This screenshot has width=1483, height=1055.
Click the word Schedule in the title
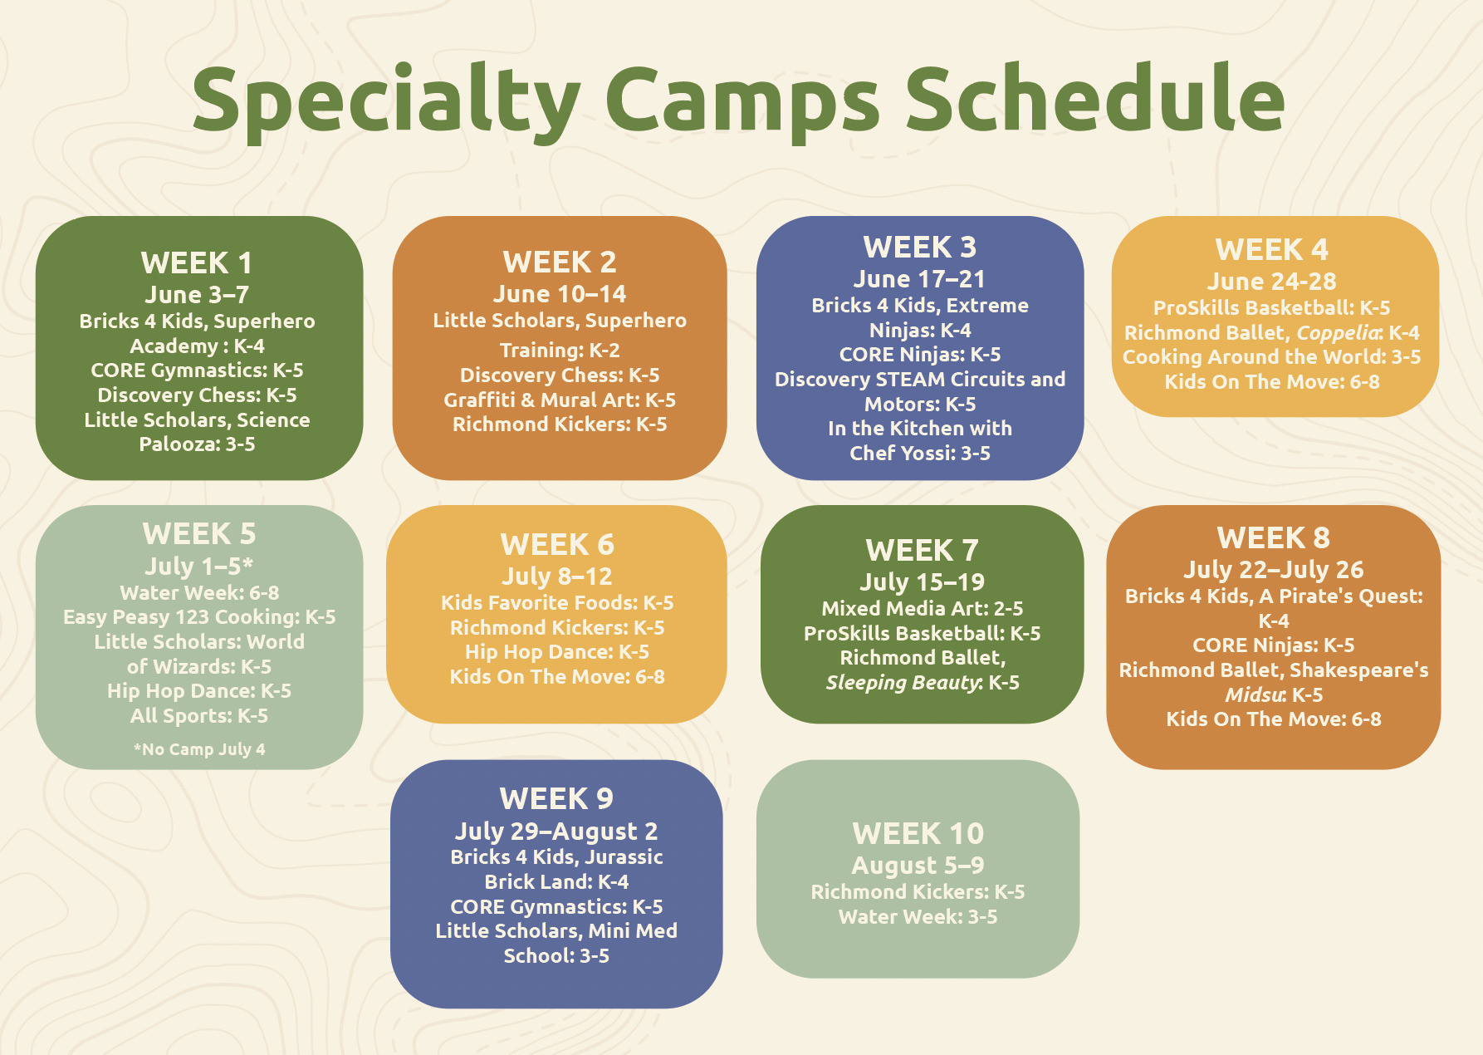coord(1094,100)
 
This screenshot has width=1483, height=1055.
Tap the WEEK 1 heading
coord(197,263)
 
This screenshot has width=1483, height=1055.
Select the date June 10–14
coord(560,294)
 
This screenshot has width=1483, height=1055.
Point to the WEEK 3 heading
coord(920,248)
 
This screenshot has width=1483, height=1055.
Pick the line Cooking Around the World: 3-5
coord(1271,357)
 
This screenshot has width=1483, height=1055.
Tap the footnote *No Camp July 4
coord(199,749)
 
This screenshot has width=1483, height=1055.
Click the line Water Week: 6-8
coord(199,593)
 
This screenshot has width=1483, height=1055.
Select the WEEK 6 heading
coord(557,545)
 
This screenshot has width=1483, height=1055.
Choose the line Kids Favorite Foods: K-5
coord(557,603)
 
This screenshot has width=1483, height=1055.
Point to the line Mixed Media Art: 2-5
coord(922,609)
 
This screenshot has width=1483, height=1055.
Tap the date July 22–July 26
coord(1273,570)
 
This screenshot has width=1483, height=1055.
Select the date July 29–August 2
coord(556,832)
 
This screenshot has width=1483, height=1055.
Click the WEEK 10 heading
coord(918,834)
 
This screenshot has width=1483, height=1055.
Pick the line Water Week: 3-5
coord(918,917)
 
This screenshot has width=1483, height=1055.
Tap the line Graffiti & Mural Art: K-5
coord(560,400)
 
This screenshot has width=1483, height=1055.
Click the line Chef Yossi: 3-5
coord(920,454)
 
